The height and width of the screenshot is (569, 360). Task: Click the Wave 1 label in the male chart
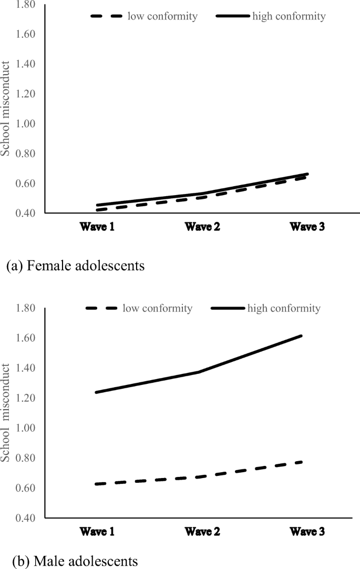tap(98, 532)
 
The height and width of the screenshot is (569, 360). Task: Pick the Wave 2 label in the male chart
tap(203, 532)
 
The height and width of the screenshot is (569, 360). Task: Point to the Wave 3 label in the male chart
tap(307, 532)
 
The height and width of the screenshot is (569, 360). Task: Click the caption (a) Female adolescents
tap(75, 266)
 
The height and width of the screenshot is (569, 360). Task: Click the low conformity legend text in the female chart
tap(162, 16)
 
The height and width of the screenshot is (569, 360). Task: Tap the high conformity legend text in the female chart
tap(289, 16)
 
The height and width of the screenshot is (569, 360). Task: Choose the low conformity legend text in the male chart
tap(157, 308)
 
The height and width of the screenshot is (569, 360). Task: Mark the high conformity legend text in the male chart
tap(284, 308)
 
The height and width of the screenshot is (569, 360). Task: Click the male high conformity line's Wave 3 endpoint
tap(302, 336)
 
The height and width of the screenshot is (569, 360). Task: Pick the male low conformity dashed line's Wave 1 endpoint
tap(96, 484)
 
